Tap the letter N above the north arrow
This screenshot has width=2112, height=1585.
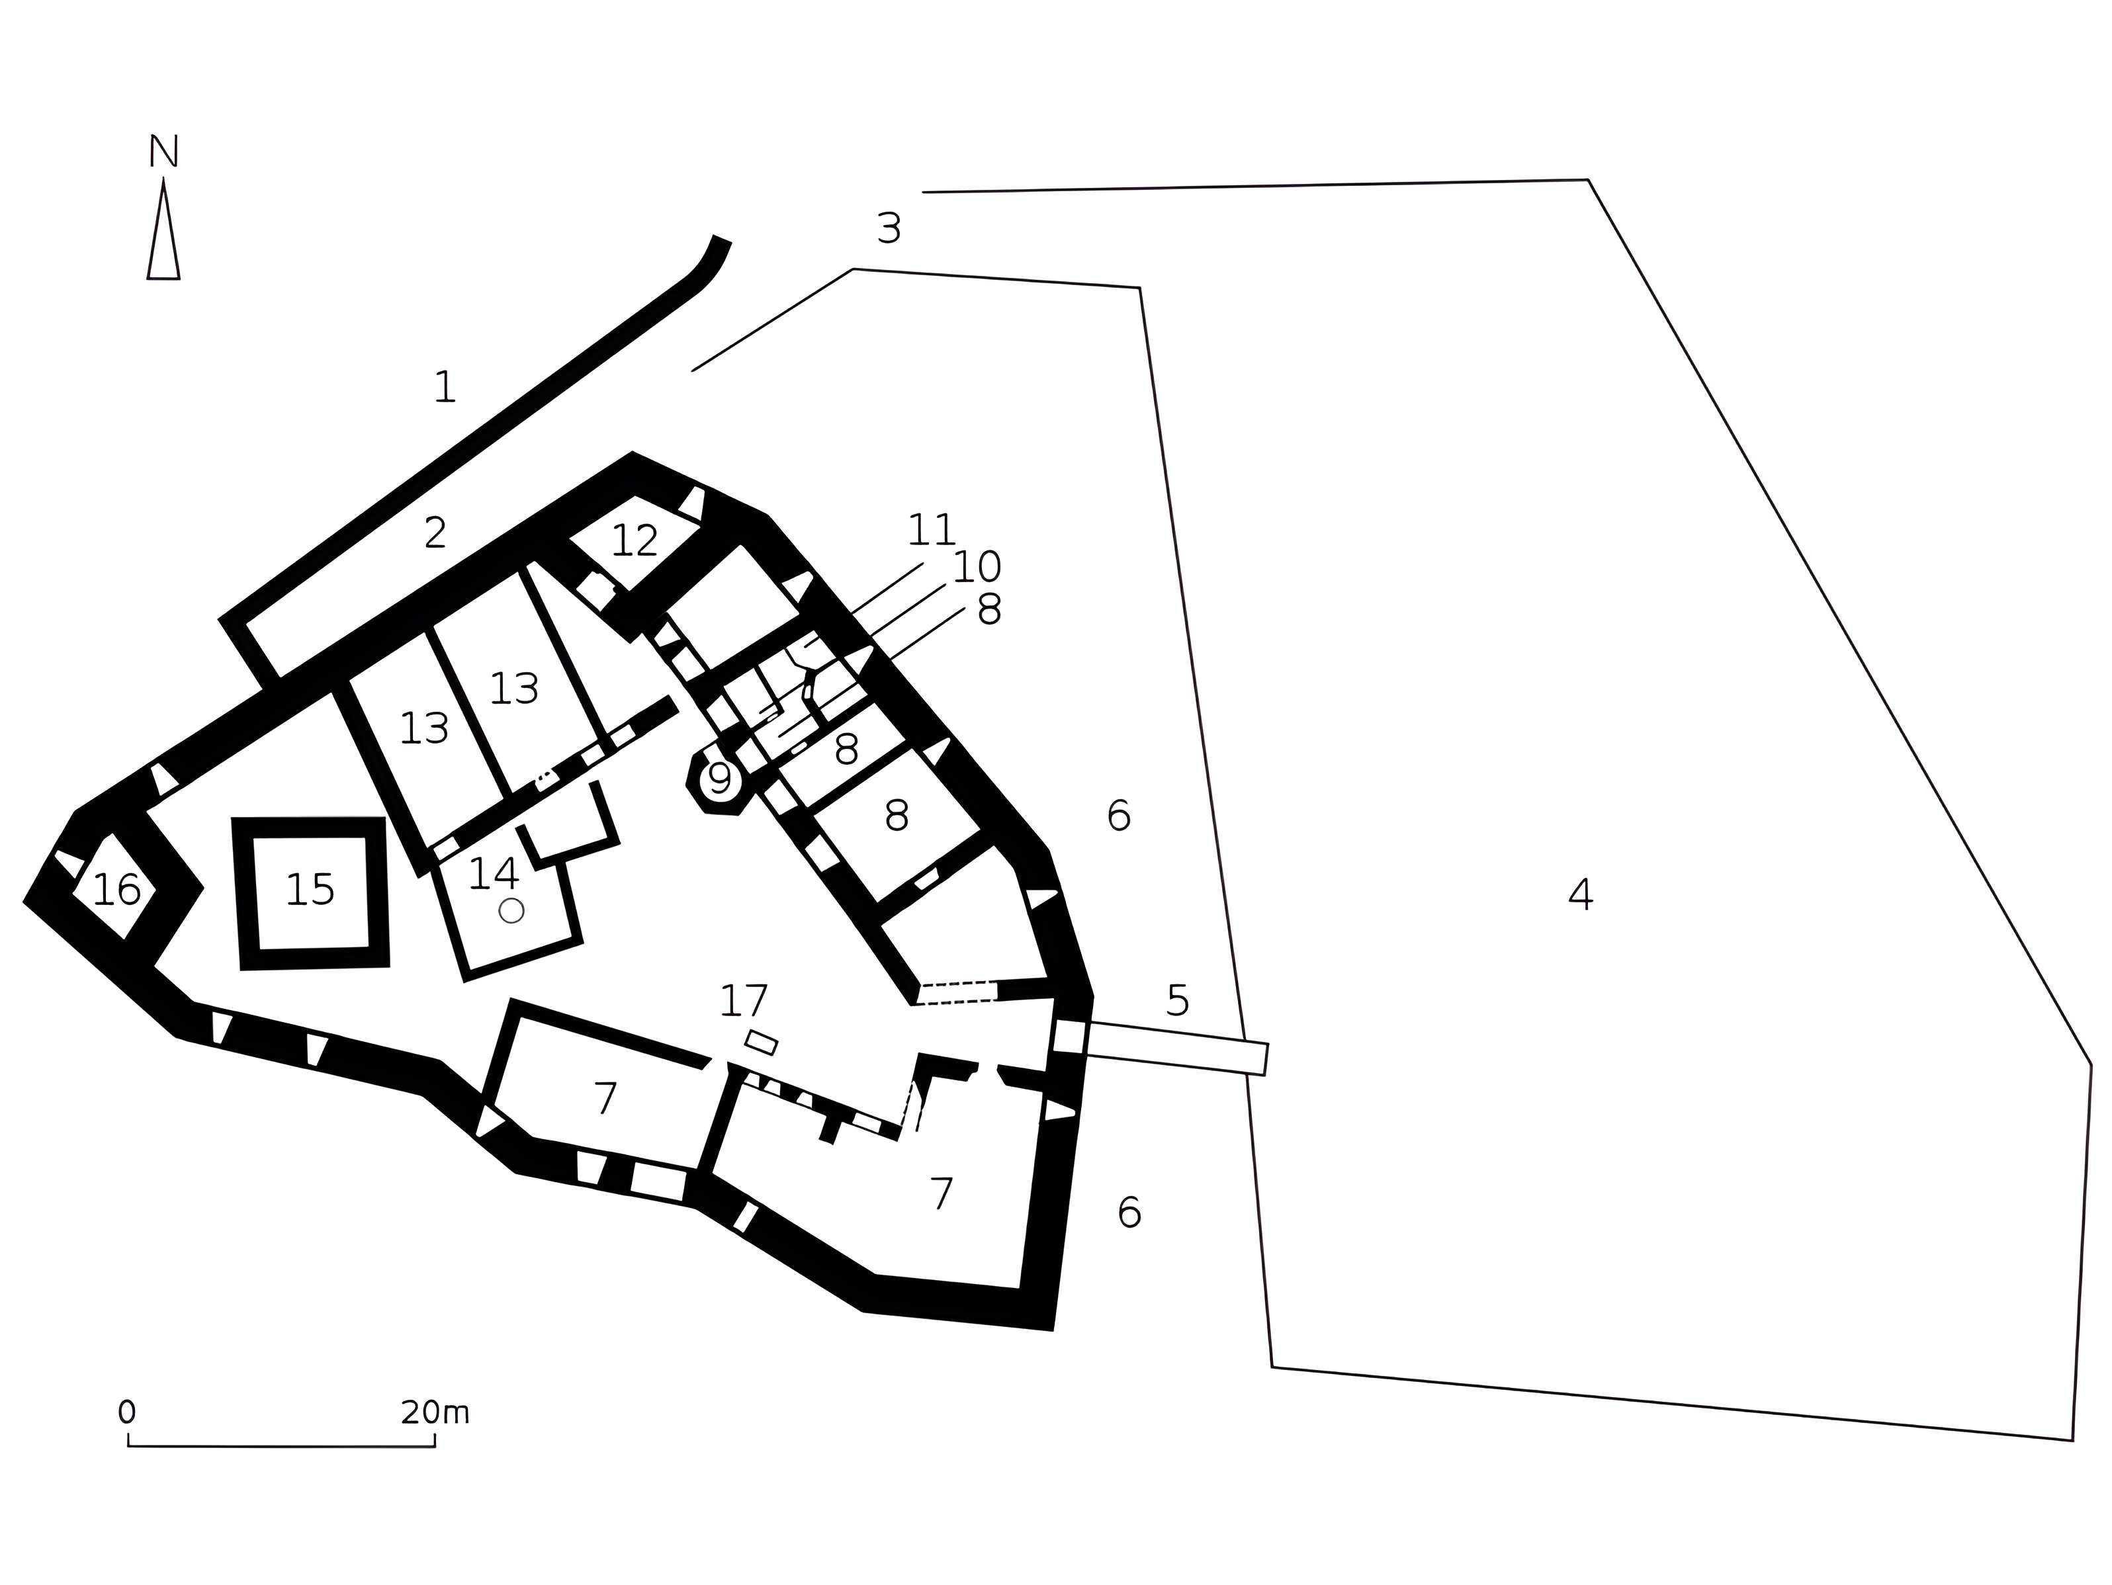[x=163, y=151]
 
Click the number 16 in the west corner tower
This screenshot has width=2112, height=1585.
[x=116, y=890]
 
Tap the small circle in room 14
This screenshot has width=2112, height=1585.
[x=511, y=910]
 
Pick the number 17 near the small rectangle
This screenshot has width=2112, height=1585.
[x=743, y=1002]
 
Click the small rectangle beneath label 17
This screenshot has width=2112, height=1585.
[x=761, y=1043]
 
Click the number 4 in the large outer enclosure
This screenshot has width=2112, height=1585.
[x=1580, y=894]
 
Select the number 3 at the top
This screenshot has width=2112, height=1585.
[x=888, y=228]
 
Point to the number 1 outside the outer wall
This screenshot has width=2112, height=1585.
[x=444, y=387]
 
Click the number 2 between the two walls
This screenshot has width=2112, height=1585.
[x=435, y=533]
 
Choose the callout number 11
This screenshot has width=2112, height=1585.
[x=931, y=530]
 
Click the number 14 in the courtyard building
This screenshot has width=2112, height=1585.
[x=493, y=874]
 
